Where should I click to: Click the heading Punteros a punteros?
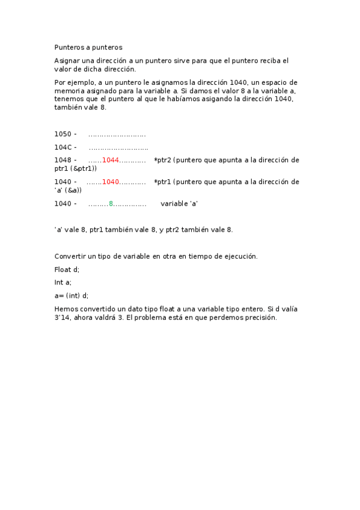[88, 47]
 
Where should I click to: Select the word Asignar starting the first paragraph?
[67, 61]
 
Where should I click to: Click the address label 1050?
[63, 134]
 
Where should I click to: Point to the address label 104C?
[63, 147]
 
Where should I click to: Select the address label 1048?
[63, 160]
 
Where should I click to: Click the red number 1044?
[111, 160]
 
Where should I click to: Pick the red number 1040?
[111, 182]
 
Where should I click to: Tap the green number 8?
[111, 204]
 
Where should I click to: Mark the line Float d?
[67, 269]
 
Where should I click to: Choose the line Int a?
[63, 282]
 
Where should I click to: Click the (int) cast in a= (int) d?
[73, 295]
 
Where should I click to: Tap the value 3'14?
[63, 318]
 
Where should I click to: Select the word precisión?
[260, 318]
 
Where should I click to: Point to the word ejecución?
[240, 256]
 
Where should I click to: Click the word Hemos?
[66, 309]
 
